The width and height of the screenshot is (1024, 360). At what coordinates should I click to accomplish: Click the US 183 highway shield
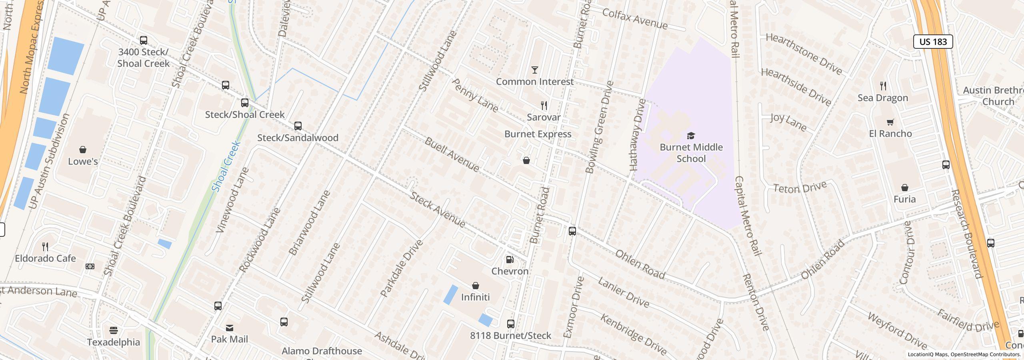(933, 42)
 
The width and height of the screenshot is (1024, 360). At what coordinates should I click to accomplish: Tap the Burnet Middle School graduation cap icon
(691, 136)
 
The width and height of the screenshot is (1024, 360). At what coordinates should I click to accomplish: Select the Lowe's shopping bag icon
(83, 150)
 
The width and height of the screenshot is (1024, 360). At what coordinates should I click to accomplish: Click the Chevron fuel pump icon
(510, 260)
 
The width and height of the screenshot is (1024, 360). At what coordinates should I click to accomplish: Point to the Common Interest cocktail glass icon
(534, 70)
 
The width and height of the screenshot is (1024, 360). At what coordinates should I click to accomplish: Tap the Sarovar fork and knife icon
(544, 106)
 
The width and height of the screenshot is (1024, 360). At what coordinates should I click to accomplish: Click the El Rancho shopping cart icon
(890, 122)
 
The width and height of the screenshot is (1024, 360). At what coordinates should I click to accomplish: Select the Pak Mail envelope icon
(230, 328)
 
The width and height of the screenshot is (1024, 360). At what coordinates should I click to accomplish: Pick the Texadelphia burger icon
(114, 330)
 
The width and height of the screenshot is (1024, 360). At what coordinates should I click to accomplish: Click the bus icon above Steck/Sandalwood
(298, 126)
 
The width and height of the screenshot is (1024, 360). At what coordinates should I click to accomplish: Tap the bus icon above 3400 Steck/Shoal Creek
(143, 40)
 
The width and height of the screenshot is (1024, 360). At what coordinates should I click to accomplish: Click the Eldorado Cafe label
(45, 258)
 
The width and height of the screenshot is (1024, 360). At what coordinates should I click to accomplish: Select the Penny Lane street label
(475, 95)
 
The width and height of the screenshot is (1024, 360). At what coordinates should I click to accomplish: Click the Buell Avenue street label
(452, 154)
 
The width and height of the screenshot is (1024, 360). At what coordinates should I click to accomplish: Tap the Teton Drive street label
(800, 187)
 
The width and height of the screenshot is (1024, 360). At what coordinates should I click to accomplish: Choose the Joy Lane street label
(788, 122)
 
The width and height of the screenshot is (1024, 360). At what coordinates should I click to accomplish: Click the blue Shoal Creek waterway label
(226, 166)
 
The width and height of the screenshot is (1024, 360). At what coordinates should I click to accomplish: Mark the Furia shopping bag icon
(904, 188)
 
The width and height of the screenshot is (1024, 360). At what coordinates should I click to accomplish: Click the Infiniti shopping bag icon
(475, 286)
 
